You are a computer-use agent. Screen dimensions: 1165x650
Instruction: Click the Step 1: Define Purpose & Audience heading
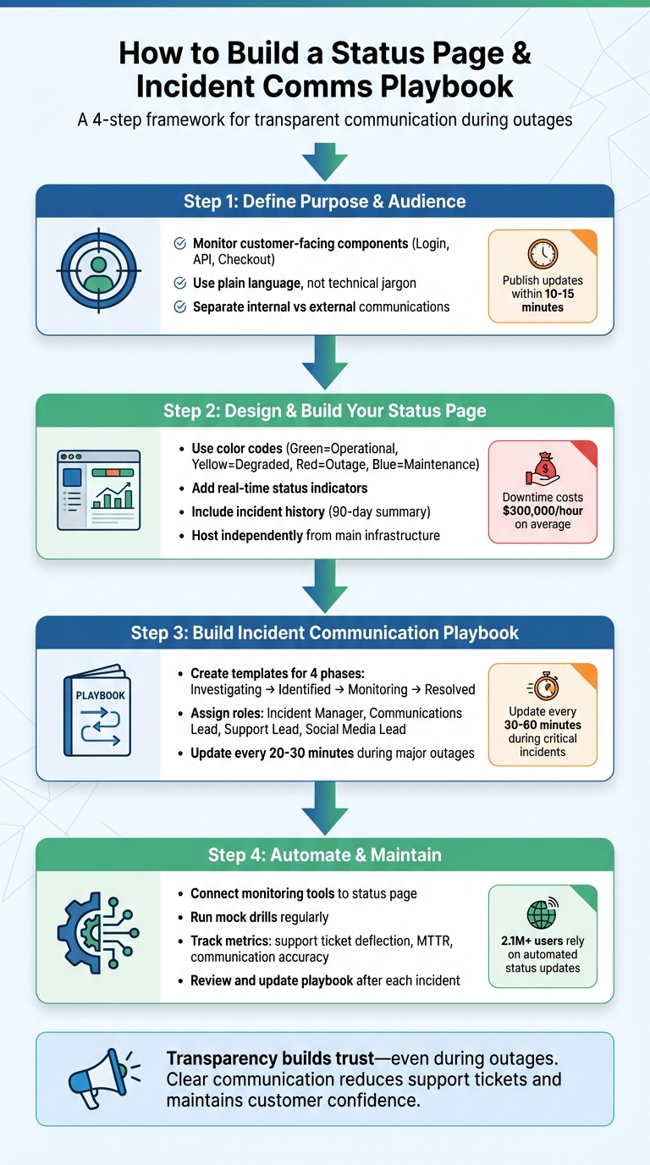[324, 202]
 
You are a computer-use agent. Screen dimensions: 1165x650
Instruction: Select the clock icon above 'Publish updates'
[543, 254]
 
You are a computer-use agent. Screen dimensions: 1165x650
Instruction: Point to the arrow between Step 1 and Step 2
[324, 363]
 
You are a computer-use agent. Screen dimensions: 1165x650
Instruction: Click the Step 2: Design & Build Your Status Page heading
[324, 411]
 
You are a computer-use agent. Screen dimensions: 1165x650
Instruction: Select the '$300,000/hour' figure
[543, 511]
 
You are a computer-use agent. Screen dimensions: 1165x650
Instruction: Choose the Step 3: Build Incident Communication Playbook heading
[324, 633]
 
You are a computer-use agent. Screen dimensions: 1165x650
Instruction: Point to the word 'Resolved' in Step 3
[449, 690]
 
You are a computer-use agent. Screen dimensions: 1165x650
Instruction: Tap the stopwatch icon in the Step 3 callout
[543, 686]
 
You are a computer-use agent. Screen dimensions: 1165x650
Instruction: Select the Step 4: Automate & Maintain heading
[324, 855]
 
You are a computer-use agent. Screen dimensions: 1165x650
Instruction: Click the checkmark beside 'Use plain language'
[179, 283]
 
